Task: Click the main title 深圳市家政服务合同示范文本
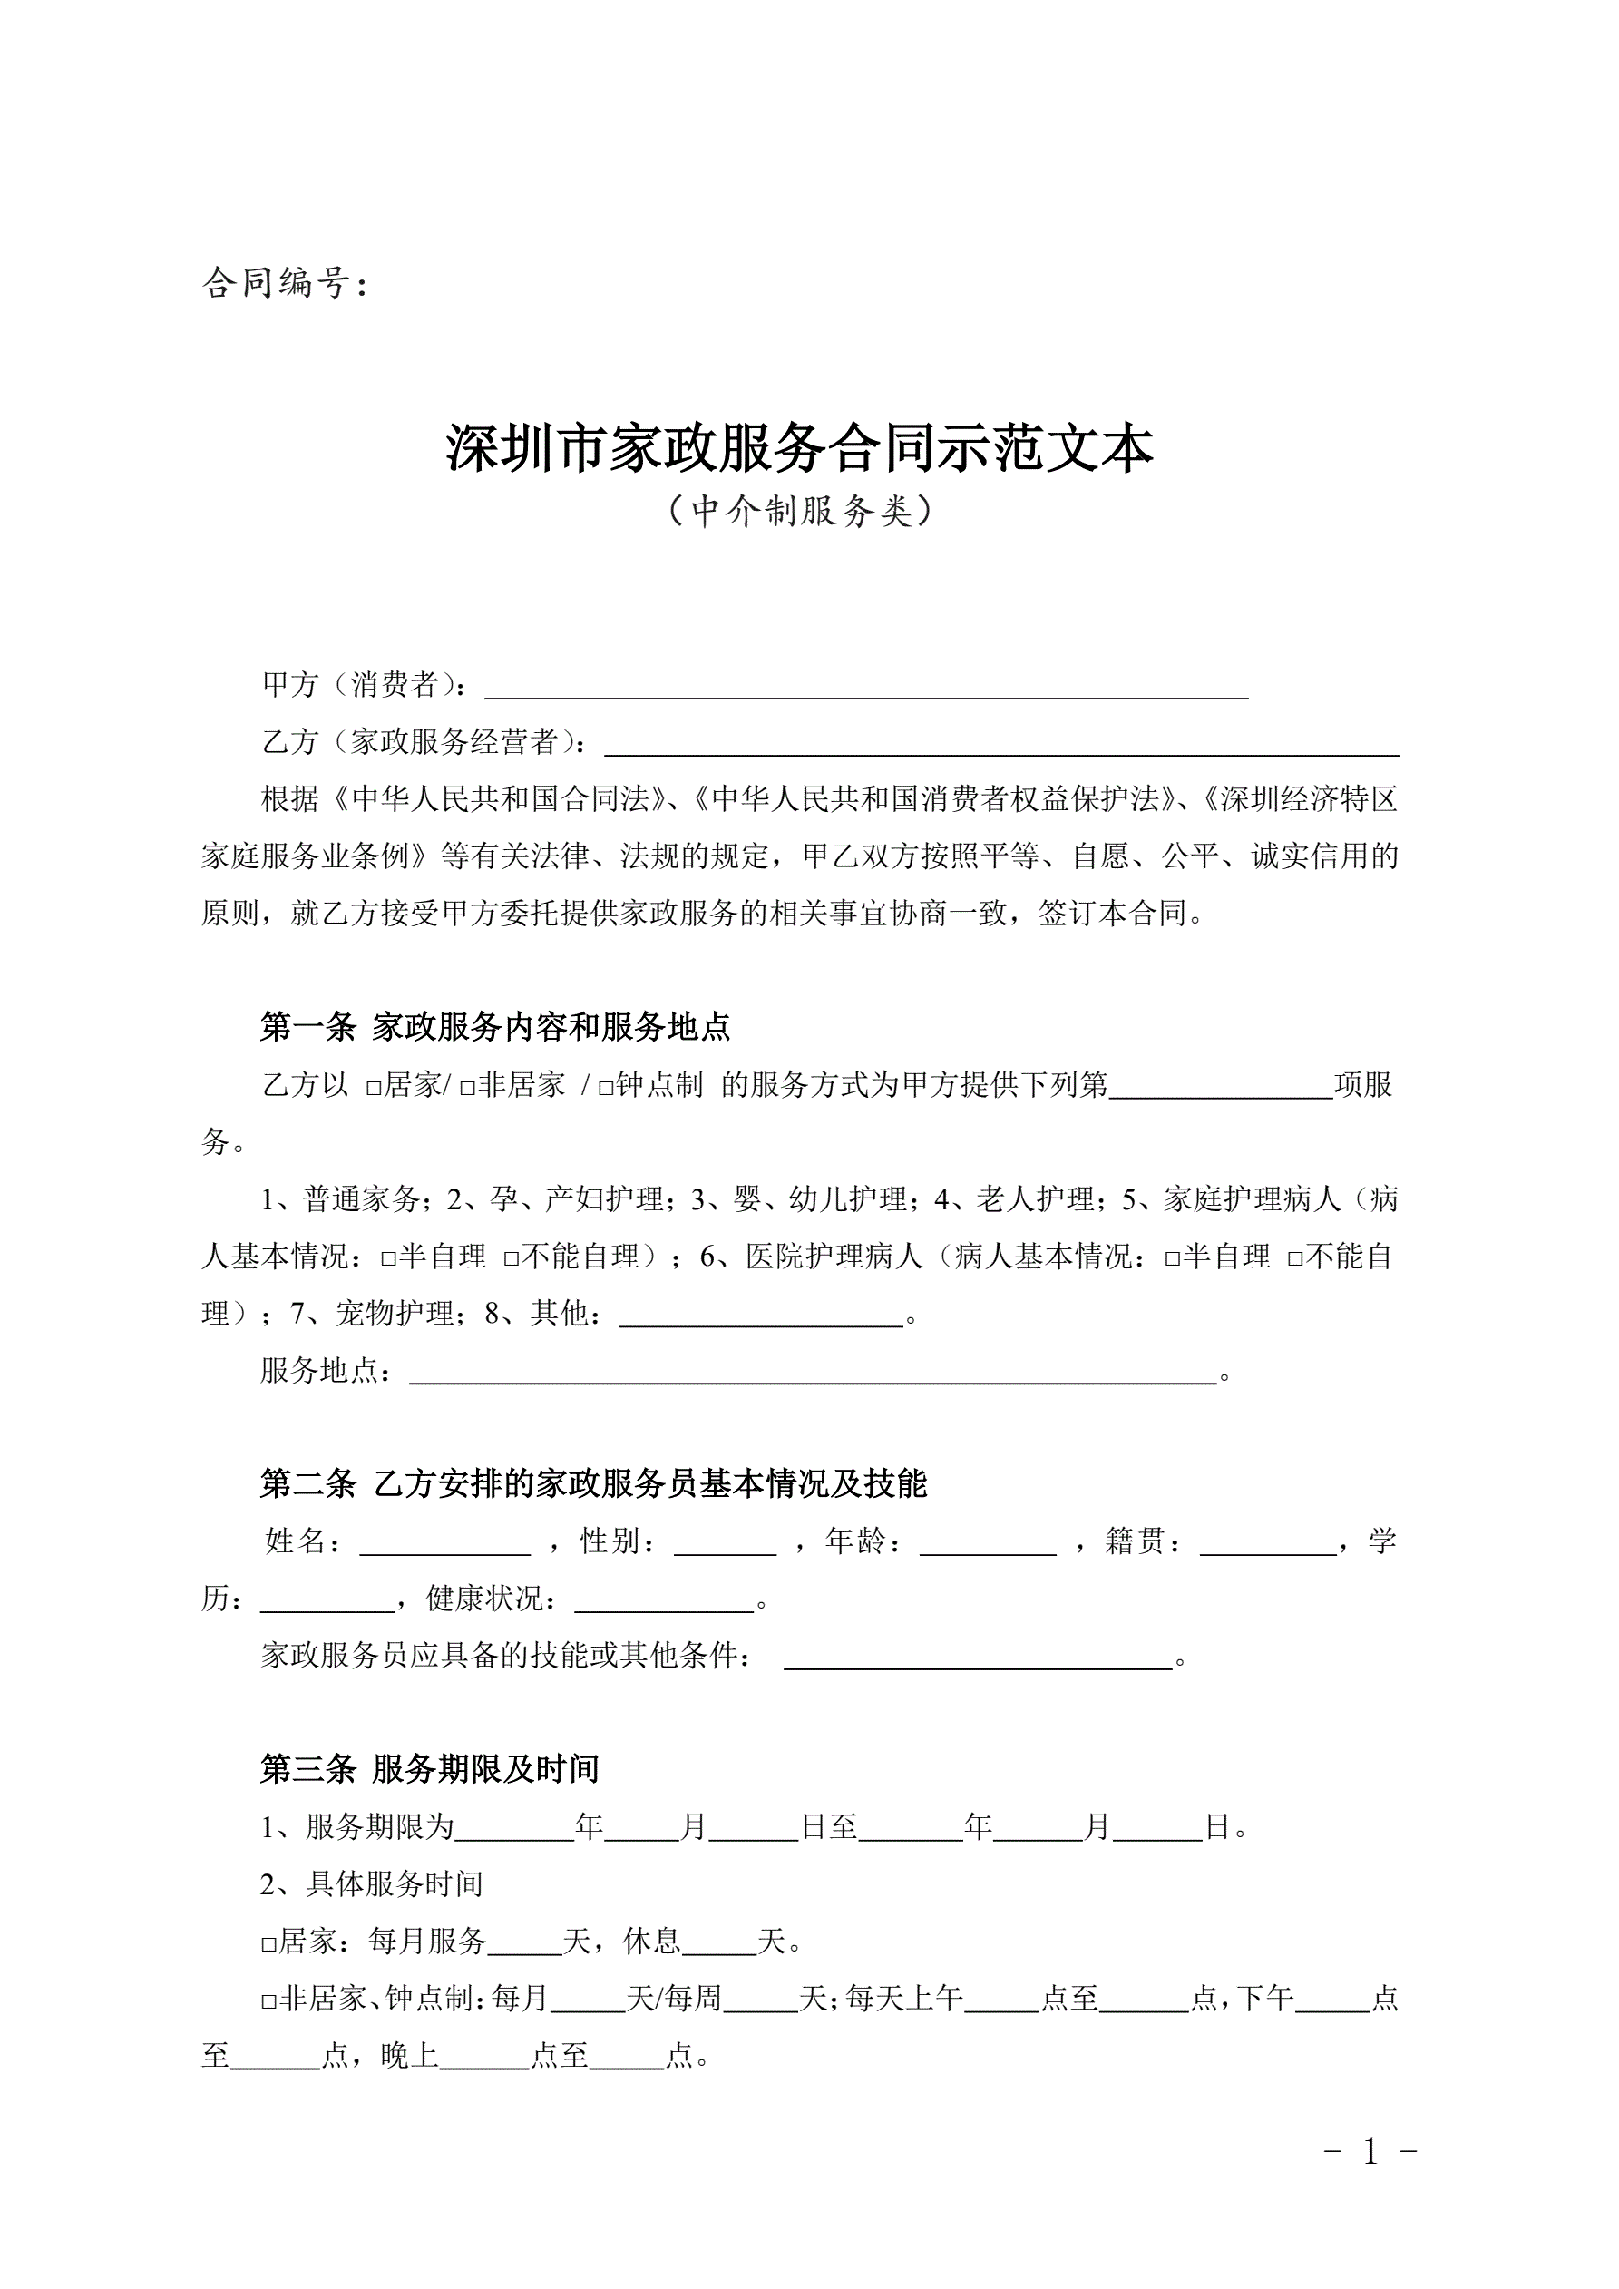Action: click(x=800, y=448)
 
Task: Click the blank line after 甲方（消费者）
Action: click(x=865, y=688)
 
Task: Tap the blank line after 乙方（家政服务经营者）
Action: click(x=1001, y=746)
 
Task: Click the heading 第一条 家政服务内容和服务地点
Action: click(x=494, y=1027)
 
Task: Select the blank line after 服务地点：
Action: click(x=813, y=1373)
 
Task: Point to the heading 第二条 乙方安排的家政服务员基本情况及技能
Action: click(x=593, y=1484)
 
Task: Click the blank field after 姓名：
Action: click(x=444, y=1542)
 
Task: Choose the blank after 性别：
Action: click(x=725, y=1542)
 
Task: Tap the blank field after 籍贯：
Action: click(x=1267, y=1542)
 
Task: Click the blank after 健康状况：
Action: click(x=664, y=1599)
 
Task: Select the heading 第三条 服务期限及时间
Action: click(x=430, y=1769)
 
